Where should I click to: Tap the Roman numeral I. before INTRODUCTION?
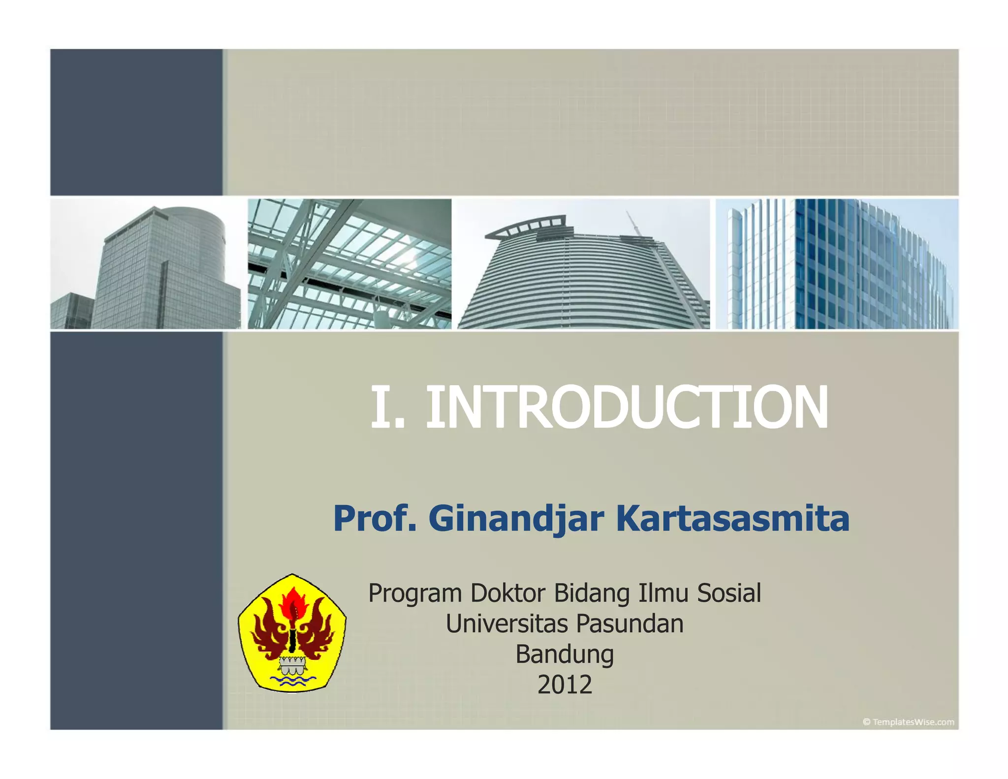(x=387, y=408)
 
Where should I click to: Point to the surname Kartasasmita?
(x=732, y=519)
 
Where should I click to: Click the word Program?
(x=414, y=594)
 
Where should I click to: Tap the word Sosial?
(x=728, y=593)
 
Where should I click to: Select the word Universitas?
(x=507, y=623)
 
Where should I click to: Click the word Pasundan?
(x=630, y=623)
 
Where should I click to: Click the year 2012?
(x=565, y=685)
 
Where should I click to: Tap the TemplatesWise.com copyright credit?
(x=908, y=722)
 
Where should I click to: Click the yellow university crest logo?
(x=292, y=633)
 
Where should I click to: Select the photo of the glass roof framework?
(x=349, y=264)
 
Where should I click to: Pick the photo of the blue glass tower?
(x=837, y=264)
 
